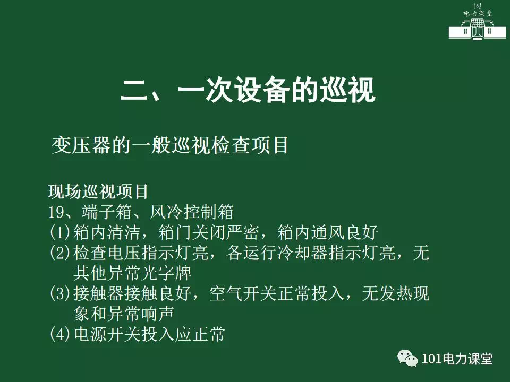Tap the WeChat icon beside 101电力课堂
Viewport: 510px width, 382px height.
(x=407, y=358)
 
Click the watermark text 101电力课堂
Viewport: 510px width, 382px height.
(x=457, y=359)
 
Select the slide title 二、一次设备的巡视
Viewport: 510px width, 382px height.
(x=248, y=90)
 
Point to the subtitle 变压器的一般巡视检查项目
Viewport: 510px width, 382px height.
(x=170, y=145)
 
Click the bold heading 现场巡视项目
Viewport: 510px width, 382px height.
(x=98, y=192)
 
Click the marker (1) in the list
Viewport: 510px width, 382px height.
(x=60, y=232)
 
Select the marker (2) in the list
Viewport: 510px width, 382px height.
(x=60, y=253)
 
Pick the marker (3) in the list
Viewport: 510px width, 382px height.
(x=60, y=293)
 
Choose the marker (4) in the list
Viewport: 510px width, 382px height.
(x=60, y=334)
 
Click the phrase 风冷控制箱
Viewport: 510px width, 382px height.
(x=192, y=212)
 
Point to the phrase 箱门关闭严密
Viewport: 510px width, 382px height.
(x=208, y=232)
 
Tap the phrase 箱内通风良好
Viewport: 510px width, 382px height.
(x=328, y=232)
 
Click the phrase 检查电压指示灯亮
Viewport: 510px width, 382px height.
(x=141, y=253)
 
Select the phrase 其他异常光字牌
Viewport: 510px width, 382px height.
(x=132, y=273)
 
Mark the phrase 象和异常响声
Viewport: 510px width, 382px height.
(x=124, y=314)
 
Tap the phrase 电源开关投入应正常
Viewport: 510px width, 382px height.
(x=149, y=334)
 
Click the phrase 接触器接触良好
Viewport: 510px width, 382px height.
(x=132, y=293)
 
